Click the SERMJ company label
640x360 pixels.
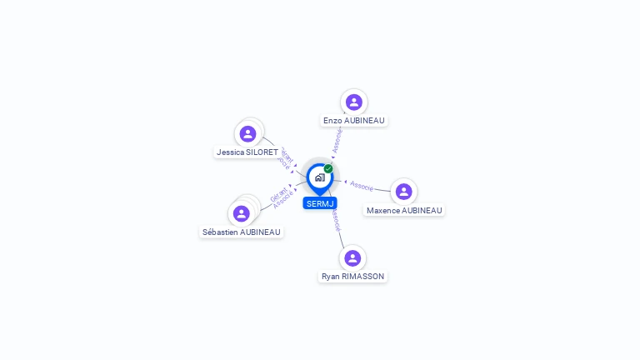click(320, 203)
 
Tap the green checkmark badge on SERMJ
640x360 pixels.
click(328, 169)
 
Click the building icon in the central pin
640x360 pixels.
click(319, 177)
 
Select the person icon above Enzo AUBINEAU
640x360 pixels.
click(354, 102)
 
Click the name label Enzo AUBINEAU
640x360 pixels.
click(354, 121)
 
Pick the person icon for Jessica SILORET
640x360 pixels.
click(247, 133)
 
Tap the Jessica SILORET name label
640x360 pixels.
click(247, 152)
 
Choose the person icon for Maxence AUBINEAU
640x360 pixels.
click(404, 192)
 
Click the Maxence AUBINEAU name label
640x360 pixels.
click(404, 211)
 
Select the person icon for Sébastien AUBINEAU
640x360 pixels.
click(242, 213)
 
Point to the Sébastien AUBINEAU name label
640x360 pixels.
click(242, 232)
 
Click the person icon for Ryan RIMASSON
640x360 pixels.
click(352, 257)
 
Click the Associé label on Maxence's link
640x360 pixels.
click(362, 184)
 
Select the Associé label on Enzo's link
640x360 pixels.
click(337, 140)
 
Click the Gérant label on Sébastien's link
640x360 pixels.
click(278, 196)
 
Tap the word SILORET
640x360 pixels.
click(262, 152)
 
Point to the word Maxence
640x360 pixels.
click(384, 211)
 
